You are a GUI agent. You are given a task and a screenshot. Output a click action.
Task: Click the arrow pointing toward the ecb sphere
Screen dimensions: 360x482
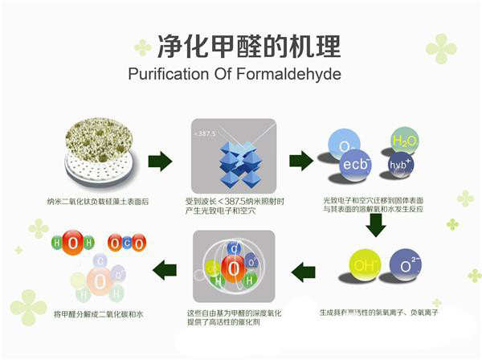click(x=300, y=161)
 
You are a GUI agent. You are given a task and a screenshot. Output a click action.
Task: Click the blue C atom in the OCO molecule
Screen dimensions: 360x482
click(x=125, y=243)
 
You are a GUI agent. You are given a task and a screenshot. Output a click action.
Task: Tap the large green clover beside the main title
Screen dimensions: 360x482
click(x=441, y=48)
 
